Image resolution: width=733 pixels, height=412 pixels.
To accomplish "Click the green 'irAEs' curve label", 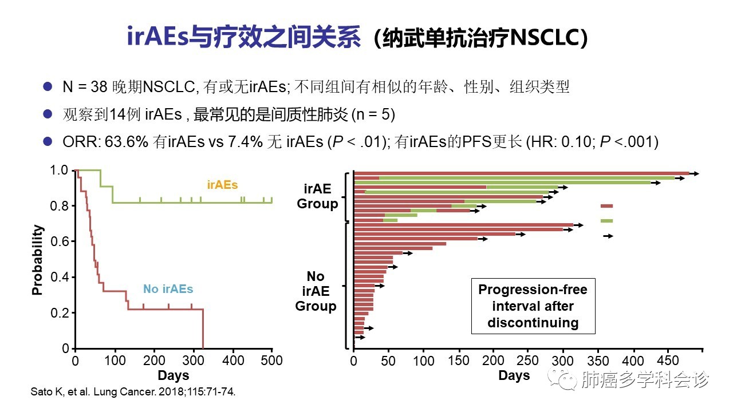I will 222,185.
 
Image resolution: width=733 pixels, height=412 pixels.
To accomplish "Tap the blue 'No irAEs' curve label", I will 168,289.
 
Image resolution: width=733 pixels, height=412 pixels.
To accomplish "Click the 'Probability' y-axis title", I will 38,260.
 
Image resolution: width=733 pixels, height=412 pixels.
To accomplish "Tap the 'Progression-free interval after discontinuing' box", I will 533,306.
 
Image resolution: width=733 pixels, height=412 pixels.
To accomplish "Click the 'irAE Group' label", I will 317,196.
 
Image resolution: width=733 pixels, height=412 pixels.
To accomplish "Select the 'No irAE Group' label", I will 316,291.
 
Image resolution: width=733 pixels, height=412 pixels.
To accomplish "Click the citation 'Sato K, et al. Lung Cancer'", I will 132,393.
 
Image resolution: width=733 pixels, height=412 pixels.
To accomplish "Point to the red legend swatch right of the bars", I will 606,206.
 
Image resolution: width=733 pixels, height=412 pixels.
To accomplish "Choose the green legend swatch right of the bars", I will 606,221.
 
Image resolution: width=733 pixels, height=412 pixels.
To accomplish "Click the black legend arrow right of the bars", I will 608,236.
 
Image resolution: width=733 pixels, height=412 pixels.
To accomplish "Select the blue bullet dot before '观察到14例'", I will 48,114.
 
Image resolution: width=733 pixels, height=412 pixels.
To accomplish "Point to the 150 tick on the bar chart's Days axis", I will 458,361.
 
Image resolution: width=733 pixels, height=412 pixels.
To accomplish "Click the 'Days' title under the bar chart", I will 514,375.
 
